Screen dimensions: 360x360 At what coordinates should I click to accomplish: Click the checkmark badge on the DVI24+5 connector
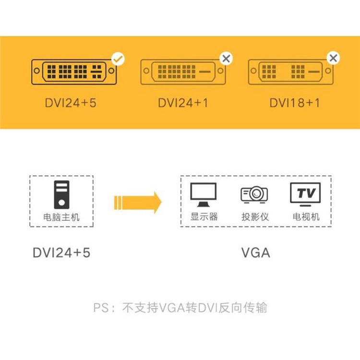pos(118,59)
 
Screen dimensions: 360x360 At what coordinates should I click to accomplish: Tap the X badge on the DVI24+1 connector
pos(226,59)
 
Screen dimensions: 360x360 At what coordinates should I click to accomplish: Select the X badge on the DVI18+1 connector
pos(333,58)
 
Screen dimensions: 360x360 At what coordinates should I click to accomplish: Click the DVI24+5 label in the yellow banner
pos(71,103)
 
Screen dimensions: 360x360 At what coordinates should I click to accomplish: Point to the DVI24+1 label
pos(183,103)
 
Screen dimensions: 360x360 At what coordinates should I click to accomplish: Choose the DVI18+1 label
pos(295,103)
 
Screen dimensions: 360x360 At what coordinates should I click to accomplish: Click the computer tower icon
pos(61,195)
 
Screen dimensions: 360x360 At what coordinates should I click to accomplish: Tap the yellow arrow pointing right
pos(138,203)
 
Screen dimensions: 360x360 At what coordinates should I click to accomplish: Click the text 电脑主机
pos(61,217)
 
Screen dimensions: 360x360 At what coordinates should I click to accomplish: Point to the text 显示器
pos(204,216)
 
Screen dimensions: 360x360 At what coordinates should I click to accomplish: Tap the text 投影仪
pos(255,217)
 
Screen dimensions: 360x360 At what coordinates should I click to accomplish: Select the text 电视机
pos(306,217)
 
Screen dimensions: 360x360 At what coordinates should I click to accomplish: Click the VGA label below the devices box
pos(256,253)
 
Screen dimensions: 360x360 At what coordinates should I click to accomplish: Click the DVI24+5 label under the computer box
pos(61,253)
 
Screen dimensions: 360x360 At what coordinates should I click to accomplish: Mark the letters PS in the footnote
pos(101,308)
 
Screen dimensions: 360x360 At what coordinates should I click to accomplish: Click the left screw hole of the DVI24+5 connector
pos(37,71)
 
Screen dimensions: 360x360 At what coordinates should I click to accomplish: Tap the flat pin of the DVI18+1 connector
pos(314,72)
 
